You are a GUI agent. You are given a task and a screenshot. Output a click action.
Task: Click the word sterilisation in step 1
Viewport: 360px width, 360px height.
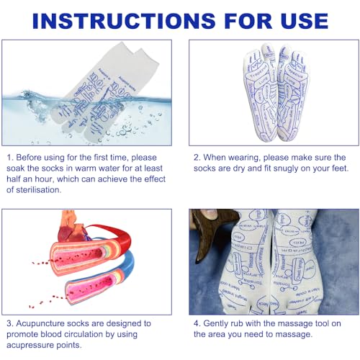[x=45, y=189]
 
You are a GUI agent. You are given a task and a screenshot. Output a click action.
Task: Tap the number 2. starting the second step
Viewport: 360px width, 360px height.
[x=196, y=157]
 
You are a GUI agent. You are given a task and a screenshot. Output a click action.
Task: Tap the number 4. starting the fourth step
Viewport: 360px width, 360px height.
[x=196, y=323]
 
